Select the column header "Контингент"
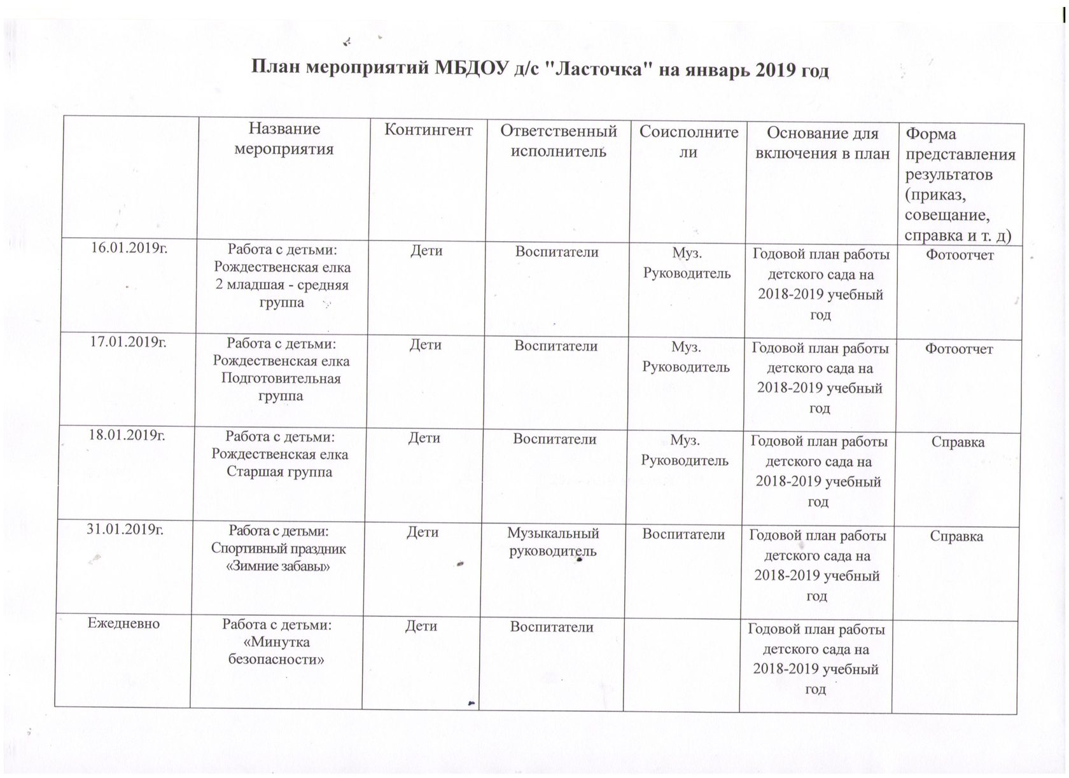tap(428, 130)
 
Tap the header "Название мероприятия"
tap(284, 139)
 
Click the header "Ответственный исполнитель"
tap(558, 141)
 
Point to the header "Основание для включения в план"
tap(822, 142)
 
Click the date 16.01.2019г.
tap(129, 247)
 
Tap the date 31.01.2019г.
tap(125, 529)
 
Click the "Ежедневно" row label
tap(123, 623)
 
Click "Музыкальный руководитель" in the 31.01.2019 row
tap(553, 542)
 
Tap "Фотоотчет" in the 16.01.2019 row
tap(960, 255)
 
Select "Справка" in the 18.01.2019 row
tap(958, 442)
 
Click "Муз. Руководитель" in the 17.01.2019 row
tap(686, 357)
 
